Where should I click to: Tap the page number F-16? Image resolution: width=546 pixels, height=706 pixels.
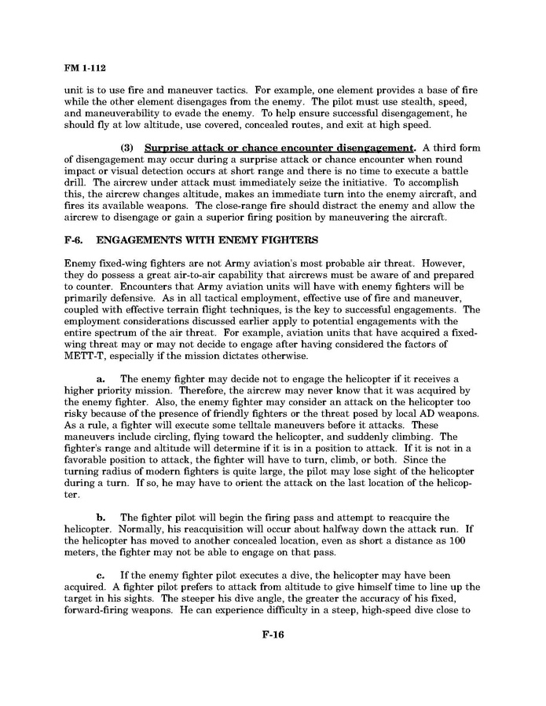tap(273, 635)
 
